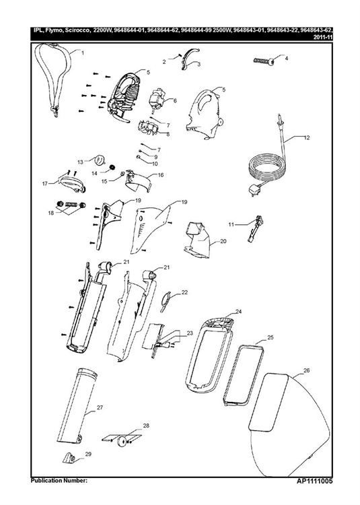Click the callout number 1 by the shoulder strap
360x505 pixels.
pyautogui.click(x=82, y=53)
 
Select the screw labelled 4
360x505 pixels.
pyautogui.click(x=264, y=61)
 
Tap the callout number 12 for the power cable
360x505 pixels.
pyautogui.click(x=306, y=137)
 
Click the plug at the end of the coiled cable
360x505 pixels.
pyautogui.click(x=253, y=191)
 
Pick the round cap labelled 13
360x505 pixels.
pyautogui.click(x=98, y=158)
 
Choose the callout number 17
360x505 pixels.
pyautogui.click(x=45, y=184)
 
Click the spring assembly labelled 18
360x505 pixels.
pyautogui.click(x=71, y=205)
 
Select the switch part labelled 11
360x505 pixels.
pyautogui.click(x=255, y=229)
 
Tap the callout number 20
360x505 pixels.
pyautogui.click(x=223, y=241)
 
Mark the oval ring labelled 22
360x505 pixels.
pyautogui.click(x=166, y=302)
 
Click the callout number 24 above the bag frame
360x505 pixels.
pyautogui.click(x=238, y=312)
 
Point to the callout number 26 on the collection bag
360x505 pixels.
pyautogui.click(x=307, y=370)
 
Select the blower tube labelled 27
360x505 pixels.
pyautogui.click(x=76, y=407)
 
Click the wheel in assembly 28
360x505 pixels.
pyautogui.click(x=122, y=441)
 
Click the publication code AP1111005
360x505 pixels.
pyautogui.click(x=315, y=481)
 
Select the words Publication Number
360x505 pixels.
pyautogui.click(x=59, y=481)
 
